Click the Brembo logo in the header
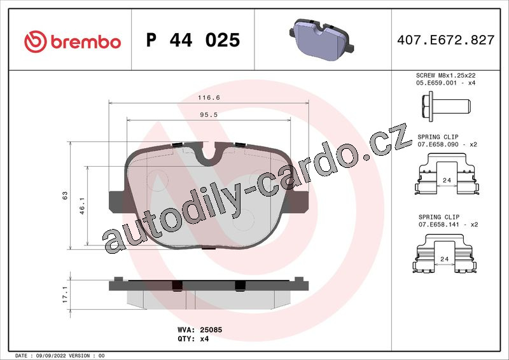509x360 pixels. tap(73, 41)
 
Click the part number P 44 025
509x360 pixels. tap(193, 40)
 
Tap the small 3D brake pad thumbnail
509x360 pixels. tap(321, 39)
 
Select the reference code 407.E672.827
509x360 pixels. tap(446, 40)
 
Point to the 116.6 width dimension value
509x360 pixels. tap(209, 97)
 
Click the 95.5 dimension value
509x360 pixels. tap(209, 115)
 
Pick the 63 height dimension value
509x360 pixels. tap(65, 195)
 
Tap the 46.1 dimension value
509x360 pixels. tap(82, 206)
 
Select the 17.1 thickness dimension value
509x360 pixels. tap(65, 294)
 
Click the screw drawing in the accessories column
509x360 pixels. tap(446, 106)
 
